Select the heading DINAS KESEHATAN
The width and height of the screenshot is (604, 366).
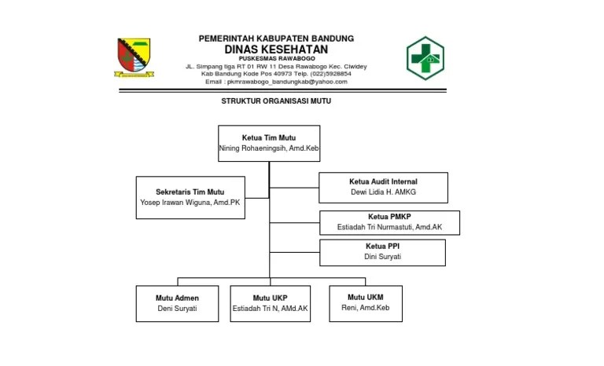point(275,49)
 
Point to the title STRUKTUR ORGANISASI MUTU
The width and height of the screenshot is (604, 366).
point(276,101)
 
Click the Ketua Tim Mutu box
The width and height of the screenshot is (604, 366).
point(269,143)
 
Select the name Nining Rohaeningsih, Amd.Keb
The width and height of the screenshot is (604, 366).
point(269,148)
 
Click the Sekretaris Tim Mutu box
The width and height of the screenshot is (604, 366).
point(190,196)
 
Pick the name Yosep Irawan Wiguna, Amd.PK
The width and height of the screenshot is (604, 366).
point(190,202)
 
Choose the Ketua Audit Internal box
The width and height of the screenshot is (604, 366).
point(383,187)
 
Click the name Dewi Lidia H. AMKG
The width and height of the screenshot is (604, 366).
point(383,192)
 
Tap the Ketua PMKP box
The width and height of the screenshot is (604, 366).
point(389,222)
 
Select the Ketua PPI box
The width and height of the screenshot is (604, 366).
point(382,251)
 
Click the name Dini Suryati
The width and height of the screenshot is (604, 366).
point(382,257)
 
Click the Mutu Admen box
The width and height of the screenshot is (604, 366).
point(177,303)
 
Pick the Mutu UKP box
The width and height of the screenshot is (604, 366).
point(270,303)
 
